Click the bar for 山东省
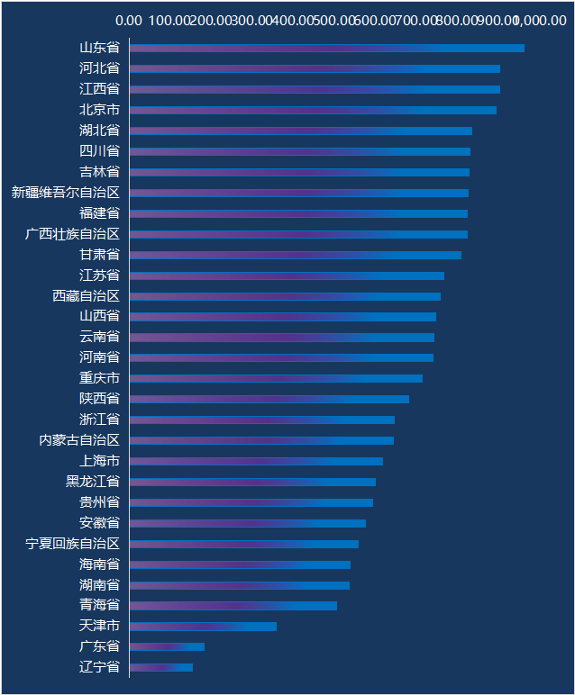click(326, 48)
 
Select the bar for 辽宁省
click(161, 667)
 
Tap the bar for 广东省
click(167, 646)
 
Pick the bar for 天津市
click(203, 626)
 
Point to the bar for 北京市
click(313, 110)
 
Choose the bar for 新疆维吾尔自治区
click(298, 193)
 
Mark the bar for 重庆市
click(276, 378)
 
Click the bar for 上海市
click(256, 461)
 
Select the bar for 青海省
click(233, 605)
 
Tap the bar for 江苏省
click(287, 275)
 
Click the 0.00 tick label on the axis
click(129, 20)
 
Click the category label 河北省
click(99, 68)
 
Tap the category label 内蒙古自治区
click(79, 440)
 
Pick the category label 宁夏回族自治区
click(72, 544)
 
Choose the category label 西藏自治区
click(86, 296)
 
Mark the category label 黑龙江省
click(93, 482)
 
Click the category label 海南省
click(99, 564)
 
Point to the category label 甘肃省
click(99, 255)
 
